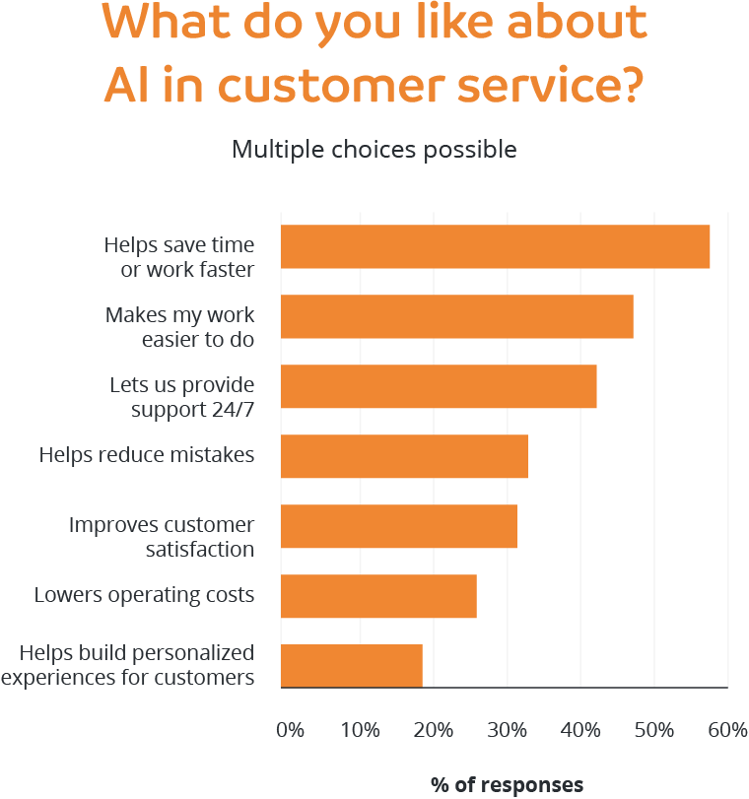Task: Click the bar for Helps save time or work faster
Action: [x=496, y=247]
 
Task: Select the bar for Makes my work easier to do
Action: [x=457, y=316]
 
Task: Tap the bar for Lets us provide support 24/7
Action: [x=439, y=386]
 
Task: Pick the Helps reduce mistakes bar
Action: [x=404, y=456]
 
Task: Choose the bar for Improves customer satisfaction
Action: [x=399, y=526]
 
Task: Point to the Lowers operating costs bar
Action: [x=378, y=596]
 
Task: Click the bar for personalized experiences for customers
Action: [x=352, y=666]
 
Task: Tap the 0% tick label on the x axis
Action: [x=290, y=730]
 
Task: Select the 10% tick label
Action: [x=361, y=730]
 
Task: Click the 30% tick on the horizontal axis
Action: [x=508, y=730]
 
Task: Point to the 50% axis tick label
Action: [x=654, y=730]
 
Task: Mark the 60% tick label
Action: [x=727, y=730]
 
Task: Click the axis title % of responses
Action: [x=507, y=785]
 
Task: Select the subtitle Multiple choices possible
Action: [x=374, y=150]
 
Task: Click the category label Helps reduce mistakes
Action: [x=147, y=455]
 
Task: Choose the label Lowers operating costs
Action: [x=144, y=595]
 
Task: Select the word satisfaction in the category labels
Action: [x=199, y=549]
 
